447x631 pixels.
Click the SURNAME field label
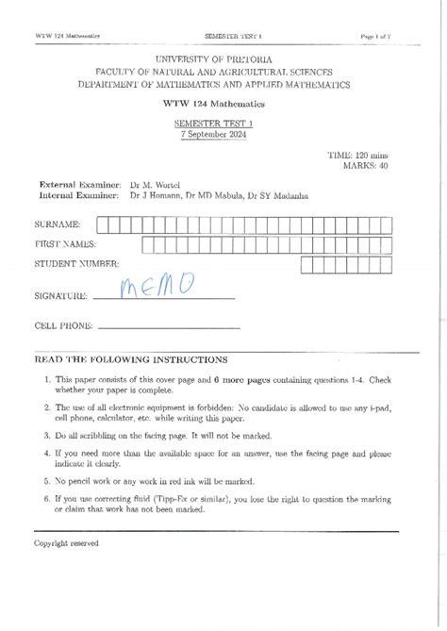[58, 224]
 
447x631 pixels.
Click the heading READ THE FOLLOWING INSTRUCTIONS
[130, 359]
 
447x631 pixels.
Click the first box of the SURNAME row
[101, 224]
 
